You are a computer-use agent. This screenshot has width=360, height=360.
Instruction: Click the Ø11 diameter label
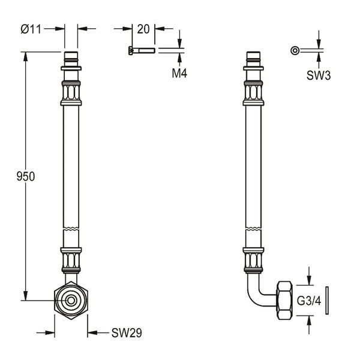pyautogui.click(x=31, y=29)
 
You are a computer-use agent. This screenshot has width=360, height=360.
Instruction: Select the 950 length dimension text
pyautogui.click(x=25, y=176)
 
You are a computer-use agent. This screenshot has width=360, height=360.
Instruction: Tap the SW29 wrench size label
pyautogui.click(x=127, y=333)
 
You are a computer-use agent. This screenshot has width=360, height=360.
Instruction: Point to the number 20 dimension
pyautogui.click(x=143, y=29)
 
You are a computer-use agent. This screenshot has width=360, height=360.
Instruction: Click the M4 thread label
pyautogui.click(x=179, y=73)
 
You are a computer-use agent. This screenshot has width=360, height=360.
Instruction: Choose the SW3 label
pyautogui.click(x=319, y=75)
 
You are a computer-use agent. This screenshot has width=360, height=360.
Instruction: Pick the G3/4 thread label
pyautogui.click(x=309, y=301)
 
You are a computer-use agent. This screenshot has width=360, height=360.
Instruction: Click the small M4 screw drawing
pyautogui.click(x=142, y=50)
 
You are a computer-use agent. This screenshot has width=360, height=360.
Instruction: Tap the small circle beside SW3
pyautogui.click(x=295, y=50)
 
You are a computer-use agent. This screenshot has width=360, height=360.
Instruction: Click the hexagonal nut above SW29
pyautogui.click(x=71, y=301)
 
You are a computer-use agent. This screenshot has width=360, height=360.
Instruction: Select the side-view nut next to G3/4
pyautogui.click(x=285, y=301)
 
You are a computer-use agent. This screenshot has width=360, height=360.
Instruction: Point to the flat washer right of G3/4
pyautogui.click(x=327, y=301)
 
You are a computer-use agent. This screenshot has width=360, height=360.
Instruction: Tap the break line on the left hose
pyautogui.click(x=71, y=229)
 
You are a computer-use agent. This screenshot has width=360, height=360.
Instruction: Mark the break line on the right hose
pyautogui.click(x=253, y=229)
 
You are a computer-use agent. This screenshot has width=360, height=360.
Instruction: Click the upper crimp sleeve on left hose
pyautogui.click(x=71, y=93)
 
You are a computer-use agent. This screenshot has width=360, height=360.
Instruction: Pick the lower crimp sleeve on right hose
pyautogui.click(x=253, y=260)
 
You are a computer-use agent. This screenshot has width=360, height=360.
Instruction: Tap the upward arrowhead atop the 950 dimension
pyautogui.click(x=25, y=57)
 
